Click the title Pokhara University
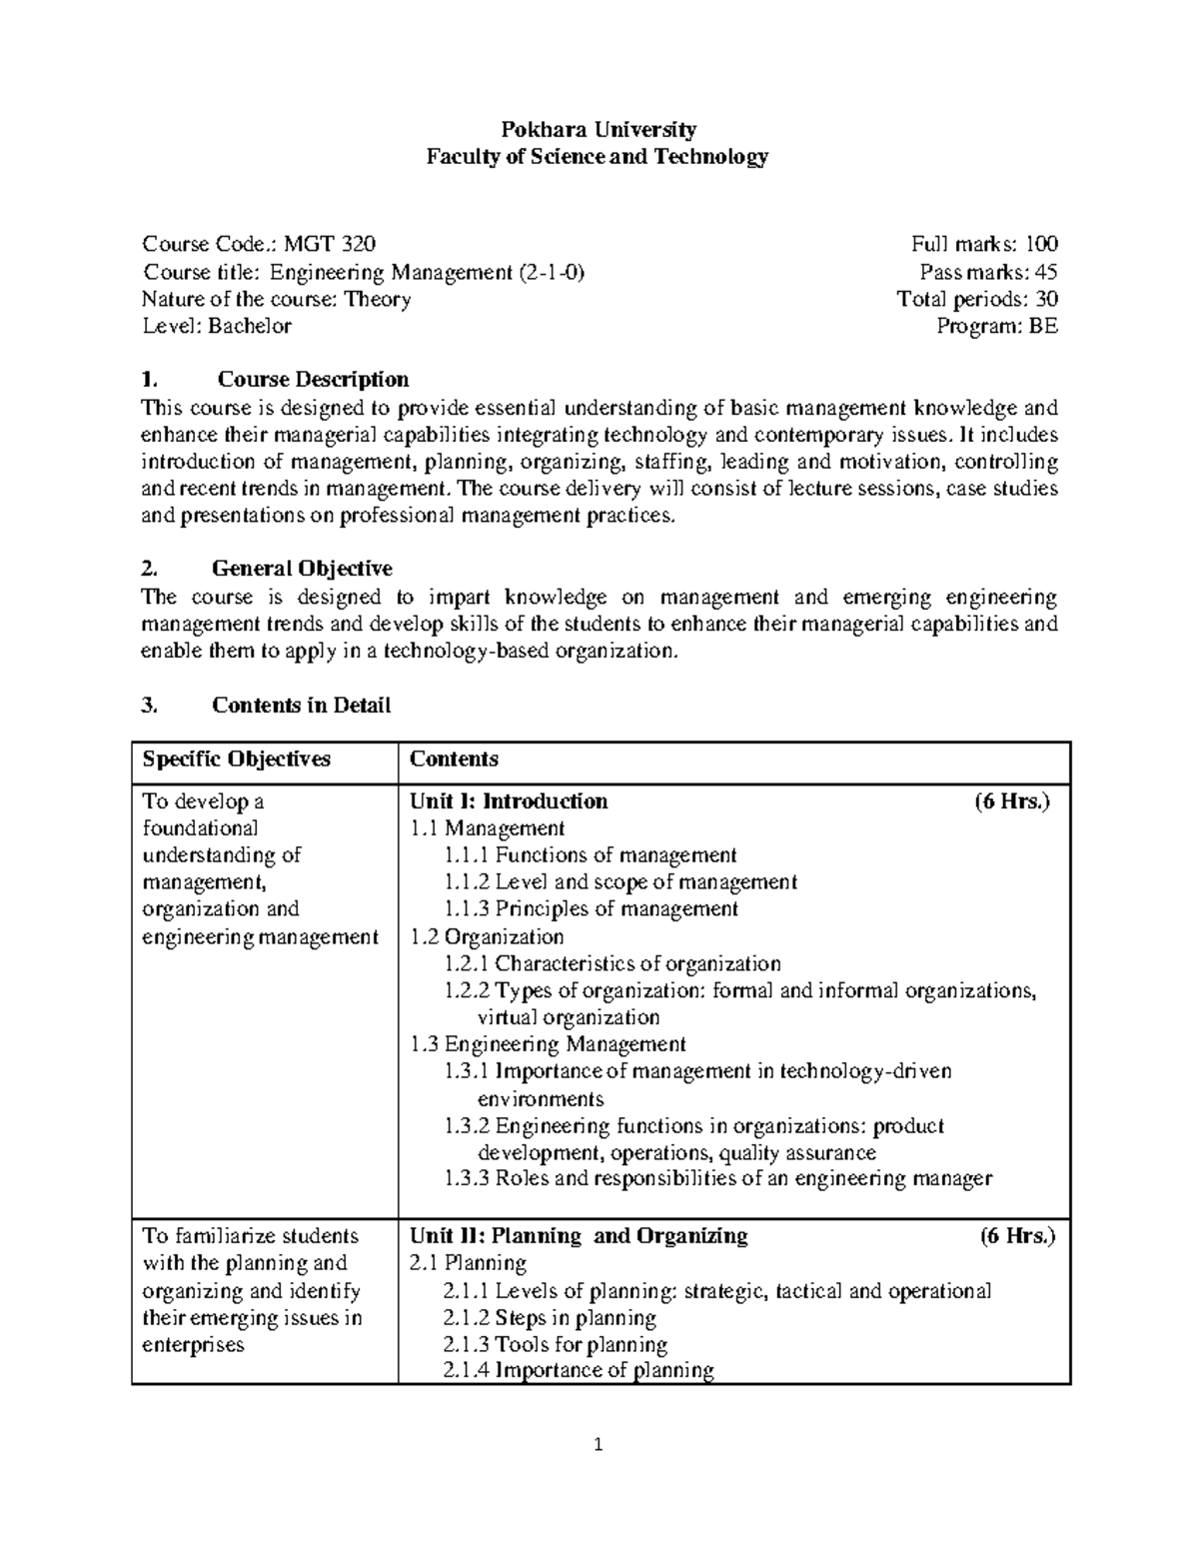pos(599,129)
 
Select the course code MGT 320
pos(330,244)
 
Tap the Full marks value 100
pos(1039,244)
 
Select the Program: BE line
pos(996,326)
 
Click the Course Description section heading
pos(313,380)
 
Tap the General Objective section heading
pos(302,569)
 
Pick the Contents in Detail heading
pos(301,706)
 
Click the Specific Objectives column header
pos(236,760)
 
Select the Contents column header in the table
pos(454,760)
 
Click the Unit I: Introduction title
pos(509,801)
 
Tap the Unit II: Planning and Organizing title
pos(579,1236)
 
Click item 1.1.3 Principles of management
pos(592,909)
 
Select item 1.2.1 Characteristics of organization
pos(612,964)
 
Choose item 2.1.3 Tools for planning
pos(556,1345)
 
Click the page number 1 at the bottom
pos(599,1445)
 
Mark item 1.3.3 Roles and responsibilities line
pos(718,1179)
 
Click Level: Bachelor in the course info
pos(217,326)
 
